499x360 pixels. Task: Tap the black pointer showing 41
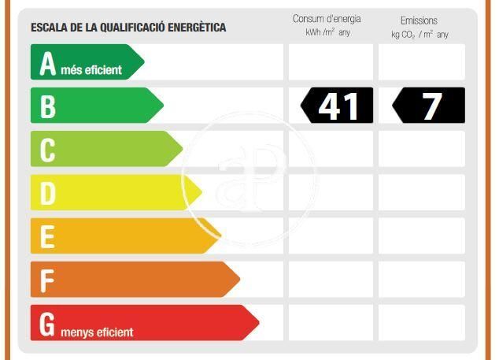click(337, 106)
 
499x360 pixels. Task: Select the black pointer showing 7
click(428, 106)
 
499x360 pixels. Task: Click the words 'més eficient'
click(91, 70)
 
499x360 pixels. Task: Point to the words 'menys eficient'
click(96, 332)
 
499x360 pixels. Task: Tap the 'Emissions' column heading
click(419, 20)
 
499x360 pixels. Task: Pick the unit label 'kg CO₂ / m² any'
click(420, 35)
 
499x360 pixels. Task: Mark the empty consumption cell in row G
click(331, 322)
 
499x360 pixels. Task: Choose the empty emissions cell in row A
click(422, 62)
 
